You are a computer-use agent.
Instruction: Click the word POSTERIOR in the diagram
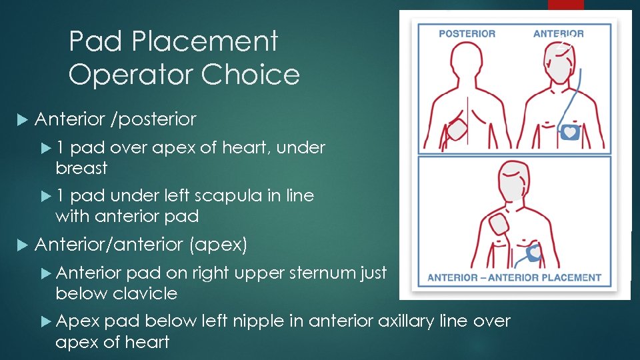(x=467, y=34)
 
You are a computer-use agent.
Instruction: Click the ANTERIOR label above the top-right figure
(x=559, y=34)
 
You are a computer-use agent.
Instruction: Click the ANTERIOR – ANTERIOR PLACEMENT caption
(x=514, y=277)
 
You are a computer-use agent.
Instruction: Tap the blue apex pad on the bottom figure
(x=535, y=253)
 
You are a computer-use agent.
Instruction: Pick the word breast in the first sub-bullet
(x=81, y=168)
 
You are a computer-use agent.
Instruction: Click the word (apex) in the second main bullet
(x=218, y=245)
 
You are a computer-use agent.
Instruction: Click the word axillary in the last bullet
(x=408, y=321)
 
